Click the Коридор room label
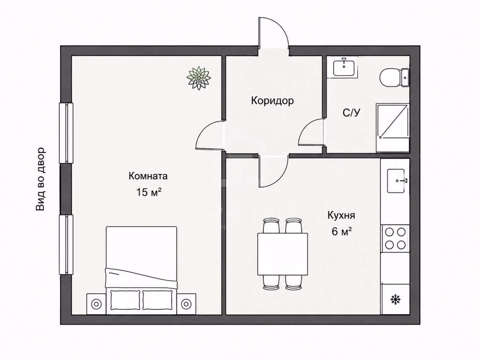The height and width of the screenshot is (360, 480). (272, 101)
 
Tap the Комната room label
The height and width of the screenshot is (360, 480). (148, 176)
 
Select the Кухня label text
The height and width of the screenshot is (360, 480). (341, 216)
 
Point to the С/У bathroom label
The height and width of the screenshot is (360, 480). (351, 113)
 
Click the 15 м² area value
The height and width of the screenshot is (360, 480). (149, 192)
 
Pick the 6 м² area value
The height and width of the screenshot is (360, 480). (342, 232)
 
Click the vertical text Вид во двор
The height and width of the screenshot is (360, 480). (40, 179)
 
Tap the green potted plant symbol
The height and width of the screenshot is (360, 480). (198, 78)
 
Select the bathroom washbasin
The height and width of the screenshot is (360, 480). (344, 67)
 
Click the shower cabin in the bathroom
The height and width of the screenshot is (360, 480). (393, 127)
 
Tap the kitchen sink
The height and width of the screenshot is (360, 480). (396, 181)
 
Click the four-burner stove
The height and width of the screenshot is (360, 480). (395, 238)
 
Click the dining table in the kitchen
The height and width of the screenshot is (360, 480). (282, 254)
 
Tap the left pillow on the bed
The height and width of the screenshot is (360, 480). (125, 300)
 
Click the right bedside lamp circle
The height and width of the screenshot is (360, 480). (186, 304)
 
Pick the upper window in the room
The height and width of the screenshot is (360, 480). (66, 133)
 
